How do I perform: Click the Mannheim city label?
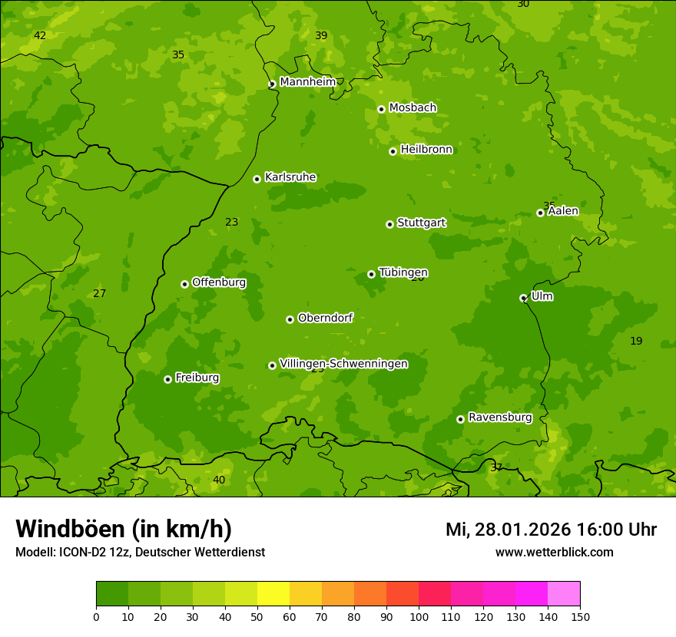[x=307, y=82]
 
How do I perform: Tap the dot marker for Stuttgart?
[x=389, y=224]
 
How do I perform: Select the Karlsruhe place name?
[x=290, y=177]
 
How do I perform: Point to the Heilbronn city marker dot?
[x=393, y=151]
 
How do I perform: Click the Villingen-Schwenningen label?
[x=343, y=364]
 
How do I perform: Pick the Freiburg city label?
[x=197, y=378]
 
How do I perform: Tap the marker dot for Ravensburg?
[x=460, y=419]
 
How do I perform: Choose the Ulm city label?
[x=542, y=296]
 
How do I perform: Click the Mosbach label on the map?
[x=413, y=108]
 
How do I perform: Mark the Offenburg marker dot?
[x=184, y=284]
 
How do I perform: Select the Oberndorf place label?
[x=325, y=318]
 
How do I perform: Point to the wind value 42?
[x=40, y=36]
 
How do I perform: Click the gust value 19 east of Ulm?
[x=636, y=341]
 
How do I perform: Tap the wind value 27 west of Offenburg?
[x=99, y=293]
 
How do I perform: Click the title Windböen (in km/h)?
[x=124, y=529]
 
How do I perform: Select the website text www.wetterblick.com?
[x=554, y=553]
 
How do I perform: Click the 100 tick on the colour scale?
[x=419, y=616]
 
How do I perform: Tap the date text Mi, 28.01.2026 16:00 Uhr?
[x=551, y=530]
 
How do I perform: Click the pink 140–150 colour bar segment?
[x=564, y=594]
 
